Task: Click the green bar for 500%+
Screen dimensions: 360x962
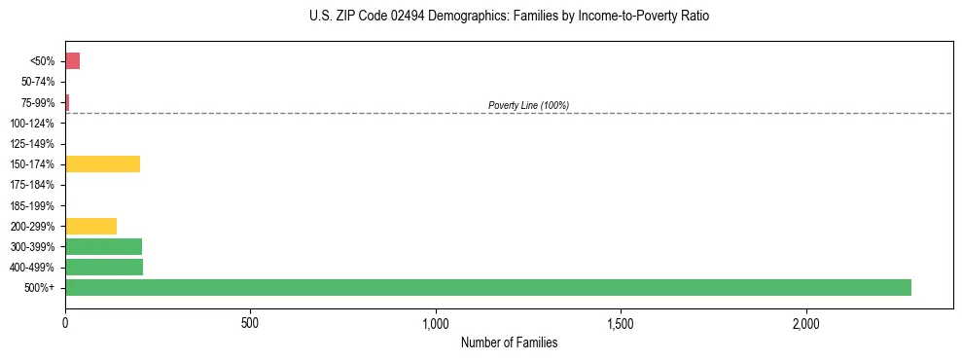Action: point(487,287)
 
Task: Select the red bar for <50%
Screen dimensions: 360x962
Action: point(72,61)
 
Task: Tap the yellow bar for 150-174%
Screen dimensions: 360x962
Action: point(102,163)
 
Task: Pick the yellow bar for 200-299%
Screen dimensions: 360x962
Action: point(90,226)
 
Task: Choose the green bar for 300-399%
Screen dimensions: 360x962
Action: point(103,246)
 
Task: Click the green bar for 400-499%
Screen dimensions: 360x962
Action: point(104,267)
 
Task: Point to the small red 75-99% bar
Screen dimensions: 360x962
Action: point(67,102)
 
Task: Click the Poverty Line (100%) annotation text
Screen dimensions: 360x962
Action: point(528,105)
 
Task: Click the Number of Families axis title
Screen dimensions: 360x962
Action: point(509,342)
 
